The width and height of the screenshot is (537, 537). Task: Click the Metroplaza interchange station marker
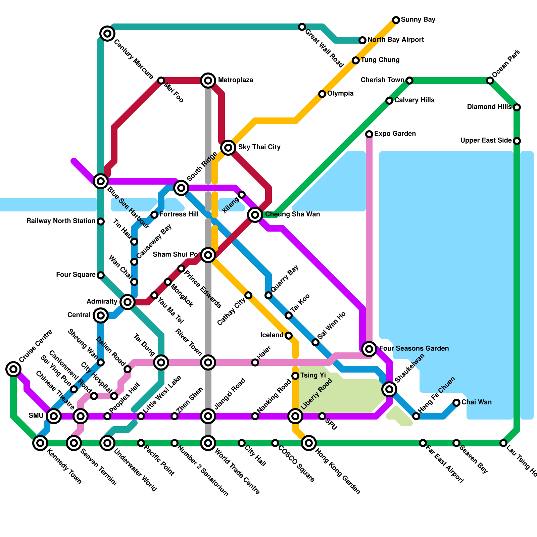(208, 81)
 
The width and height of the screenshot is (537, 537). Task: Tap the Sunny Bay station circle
(396, 20)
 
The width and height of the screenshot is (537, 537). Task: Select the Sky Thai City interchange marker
(228, 147)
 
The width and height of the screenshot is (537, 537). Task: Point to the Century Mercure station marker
(107, 33)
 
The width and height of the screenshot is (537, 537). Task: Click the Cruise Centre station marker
(13, 369)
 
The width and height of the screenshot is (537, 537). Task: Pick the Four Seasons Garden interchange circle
(369, 349)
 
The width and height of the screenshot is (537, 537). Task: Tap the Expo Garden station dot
(369, 134)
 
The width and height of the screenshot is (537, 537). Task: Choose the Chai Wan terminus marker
(456, 403)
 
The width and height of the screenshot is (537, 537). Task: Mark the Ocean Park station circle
(490, 81)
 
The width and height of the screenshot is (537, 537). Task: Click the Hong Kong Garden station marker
(309, 443)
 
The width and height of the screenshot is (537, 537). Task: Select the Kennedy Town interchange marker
(40, 443)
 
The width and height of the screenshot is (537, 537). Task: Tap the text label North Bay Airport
(396, 40)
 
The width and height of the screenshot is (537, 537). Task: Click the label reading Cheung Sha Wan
(292, 214)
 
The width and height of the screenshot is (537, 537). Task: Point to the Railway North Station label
(61, 221)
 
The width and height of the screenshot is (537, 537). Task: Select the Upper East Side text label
(486, 141)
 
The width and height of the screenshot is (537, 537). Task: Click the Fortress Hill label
(179, 214)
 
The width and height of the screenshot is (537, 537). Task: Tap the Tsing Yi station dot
(295, 376)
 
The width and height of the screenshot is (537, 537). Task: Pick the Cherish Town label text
(382, 80)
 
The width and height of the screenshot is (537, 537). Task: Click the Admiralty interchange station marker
(127, 302)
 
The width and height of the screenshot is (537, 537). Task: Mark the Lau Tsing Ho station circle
(503, 443)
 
